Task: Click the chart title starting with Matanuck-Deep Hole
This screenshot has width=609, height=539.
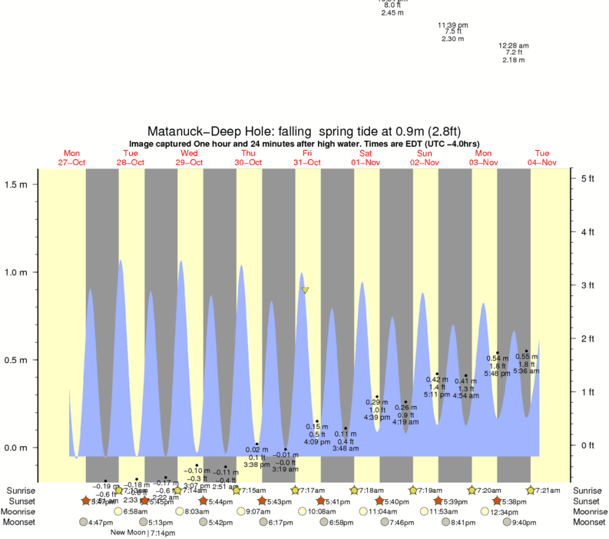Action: click(304, 131)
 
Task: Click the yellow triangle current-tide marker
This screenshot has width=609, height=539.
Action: click(305, 290)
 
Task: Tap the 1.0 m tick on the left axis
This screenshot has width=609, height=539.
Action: click(17, 272)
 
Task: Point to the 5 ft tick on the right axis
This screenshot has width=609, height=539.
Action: click(587, 178)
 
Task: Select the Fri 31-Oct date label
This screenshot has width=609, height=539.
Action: click(306, 158)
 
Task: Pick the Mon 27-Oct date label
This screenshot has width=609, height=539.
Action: click(71, 158)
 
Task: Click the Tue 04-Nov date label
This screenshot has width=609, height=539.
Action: click(541, 158)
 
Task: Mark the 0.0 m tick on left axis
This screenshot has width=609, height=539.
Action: click(17, 448)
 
